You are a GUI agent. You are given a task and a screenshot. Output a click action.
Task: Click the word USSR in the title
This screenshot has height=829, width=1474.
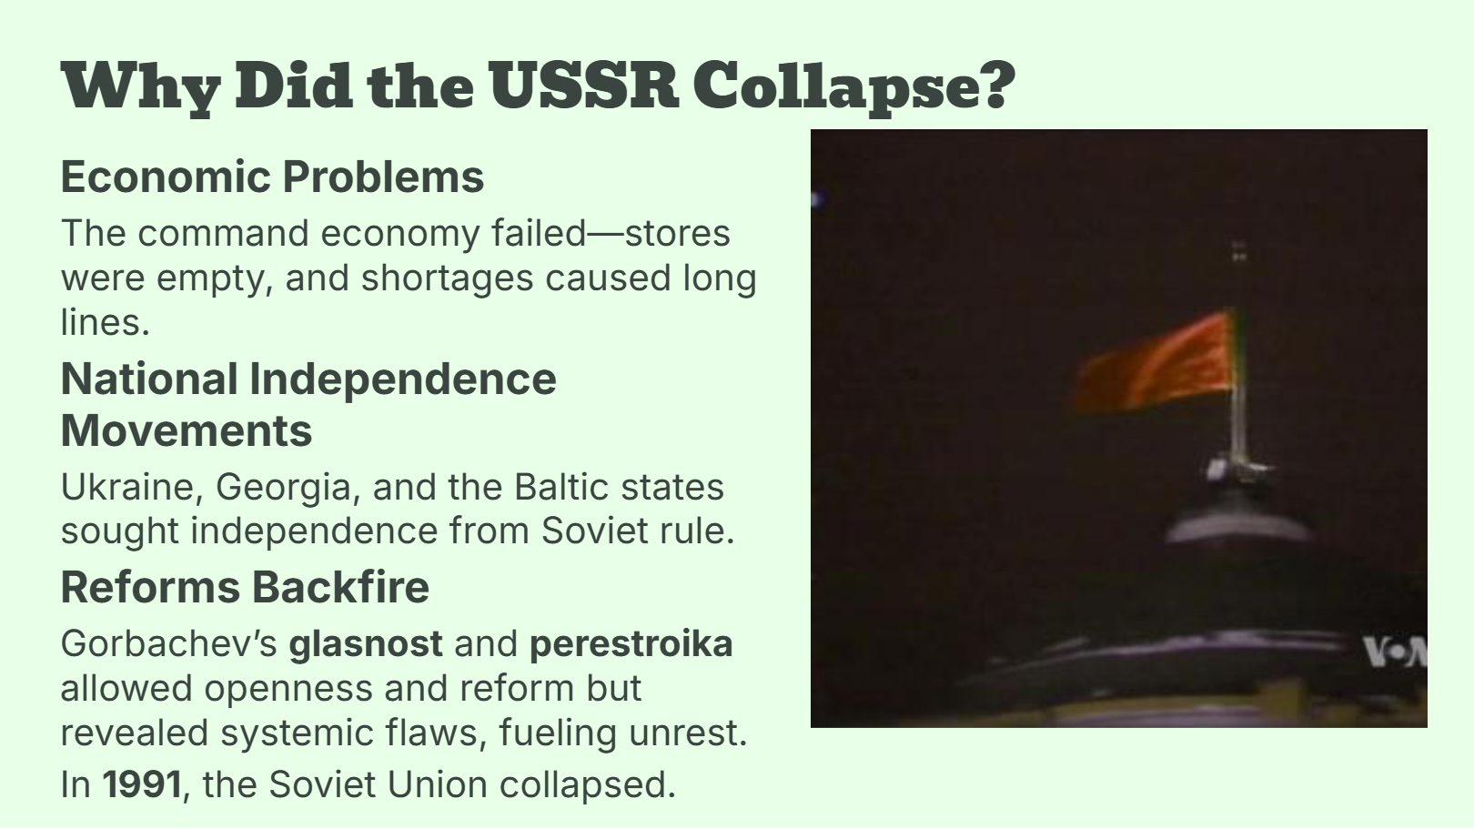[x=585, y=86]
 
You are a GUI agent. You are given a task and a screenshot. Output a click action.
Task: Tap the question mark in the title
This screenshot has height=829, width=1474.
[x=995, y=86]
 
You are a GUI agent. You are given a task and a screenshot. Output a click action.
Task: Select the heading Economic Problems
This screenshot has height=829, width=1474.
[x=272, y=177]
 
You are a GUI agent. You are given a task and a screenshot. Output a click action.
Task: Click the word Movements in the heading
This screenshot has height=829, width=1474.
[x=187, y=431]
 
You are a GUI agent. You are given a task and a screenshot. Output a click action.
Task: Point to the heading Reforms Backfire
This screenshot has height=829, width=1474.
[x=245, y=587]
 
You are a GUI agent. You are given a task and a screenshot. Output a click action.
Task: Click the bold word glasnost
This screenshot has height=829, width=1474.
[x=366, y=644]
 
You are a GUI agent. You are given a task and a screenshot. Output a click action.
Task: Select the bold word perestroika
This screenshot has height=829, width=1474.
[x=631, y=644]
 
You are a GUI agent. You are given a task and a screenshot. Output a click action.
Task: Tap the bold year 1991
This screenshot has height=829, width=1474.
[x=141, y=784]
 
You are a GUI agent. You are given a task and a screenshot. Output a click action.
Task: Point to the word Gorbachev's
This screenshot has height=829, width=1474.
[x=168, y=644]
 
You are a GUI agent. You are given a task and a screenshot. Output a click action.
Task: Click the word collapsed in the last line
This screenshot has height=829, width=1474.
[x=587, y=785]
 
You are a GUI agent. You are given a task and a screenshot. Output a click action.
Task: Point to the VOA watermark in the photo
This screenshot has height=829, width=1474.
[x=1395, y=652]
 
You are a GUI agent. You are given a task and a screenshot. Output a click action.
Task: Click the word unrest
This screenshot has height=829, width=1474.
[x=688, y=733]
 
